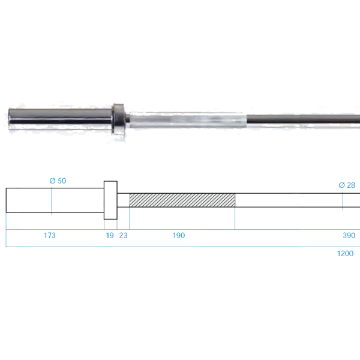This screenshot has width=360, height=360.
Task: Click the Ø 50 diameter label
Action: [58, 181]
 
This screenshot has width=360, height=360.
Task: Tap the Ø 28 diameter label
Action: [347, 185]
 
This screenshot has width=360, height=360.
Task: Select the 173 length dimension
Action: [50, 235]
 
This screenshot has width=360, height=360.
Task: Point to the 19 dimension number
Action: [110, 235]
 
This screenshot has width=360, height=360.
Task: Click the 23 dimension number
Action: [123, 235]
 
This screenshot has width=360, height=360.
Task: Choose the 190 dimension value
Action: [179, 235]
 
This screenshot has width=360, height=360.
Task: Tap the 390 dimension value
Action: [349, 235]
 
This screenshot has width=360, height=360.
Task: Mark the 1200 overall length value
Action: [345, 253]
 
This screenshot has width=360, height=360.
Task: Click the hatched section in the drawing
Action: [182, 200]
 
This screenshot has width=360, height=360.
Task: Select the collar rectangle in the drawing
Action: [110, 200]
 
